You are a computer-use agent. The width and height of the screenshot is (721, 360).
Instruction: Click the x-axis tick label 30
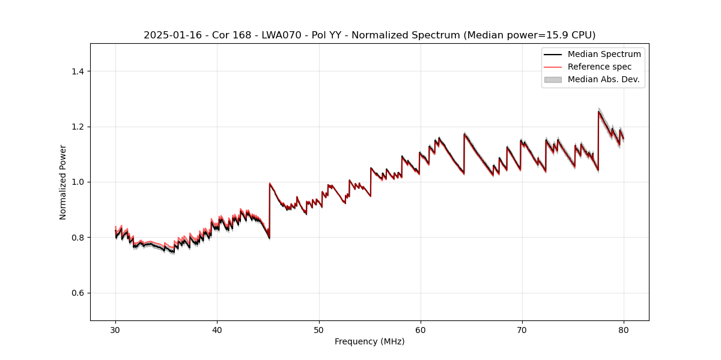[115, 329]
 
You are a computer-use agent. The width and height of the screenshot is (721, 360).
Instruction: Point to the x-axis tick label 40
[217, 329]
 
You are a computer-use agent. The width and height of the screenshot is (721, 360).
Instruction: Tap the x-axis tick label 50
[318, 329]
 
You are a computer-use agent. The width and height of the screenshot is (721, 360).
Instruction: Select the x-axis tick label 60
[421, 329]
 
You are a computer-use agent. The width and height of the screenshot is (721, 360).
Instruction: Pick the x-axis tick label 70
[522, 329]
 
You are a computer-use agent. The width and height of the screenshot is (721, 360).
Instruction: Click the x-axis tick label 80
[624, 329]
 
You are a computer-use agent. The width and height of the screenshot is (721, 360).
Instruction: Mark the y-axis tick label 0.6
[78, 293]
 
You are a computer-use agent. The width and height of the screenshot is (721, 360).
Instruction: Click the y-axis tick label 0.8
[78, 238]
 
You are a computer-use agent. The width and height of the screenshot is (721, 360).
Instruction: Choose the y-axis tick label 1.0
[78, 182]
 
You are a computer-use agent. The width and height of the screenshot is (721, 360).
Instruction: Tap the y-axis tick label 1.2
[78, 127]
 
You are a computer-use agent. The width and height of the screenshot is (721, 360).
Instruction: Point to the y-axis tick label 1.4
[78, 71]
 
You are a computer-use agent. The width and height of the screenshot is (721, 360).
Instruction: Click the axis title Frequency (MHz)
[370, 341]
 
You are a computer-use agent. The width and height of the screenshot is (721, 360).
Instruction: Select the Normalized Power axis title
[63, 182]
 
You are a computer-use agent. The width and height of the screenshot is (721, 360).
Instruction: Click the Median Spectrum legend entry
[604, 54]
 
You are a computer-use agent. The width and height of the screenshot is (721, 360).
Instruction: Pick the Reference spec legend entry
[599, 67]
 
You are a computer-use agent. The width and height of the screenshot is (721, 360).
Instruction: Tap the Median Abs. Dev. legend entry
[603, 79]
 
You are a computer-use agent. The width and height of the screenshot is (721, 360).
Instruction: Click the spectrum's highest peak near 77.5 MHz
[598, 111]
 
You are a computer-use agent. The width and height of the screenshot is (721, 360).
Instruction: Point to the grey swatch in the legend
[553, 79]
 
